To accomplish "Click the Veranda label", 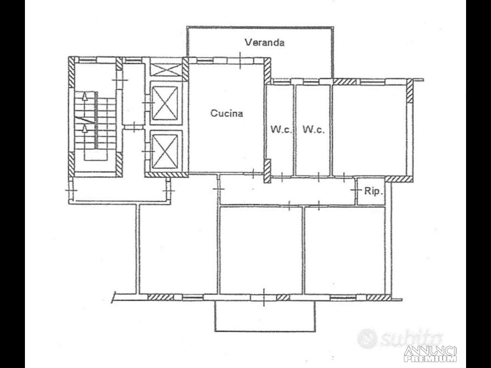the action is pyautogui.click(x=265, y=42).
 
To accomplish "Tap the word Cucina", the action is pyautogui.click(x=226, y=113).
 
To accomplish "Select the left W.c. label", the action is pyautogui.click(x=281, y=129).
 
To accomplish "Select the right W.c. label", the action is pyautogui.click(x=313, y=129).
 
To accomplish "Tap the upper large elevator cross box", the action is pyautogui.click(x=165, y=103).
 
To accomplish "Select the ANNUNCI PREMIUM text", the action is pyautogui.click(x=430, y=354).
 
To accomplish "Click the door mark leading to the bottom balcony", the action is pyautogui.click(x=264, y=297).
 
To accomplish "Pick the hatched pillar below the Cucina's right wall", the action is pyautogui.click(x=267, y=172).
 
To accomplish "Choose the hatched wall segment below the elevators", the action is pyautogui.click(x=166, y=174).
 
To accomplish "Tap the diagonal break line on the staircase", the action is pyautogui.click(x=84, y=120).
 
